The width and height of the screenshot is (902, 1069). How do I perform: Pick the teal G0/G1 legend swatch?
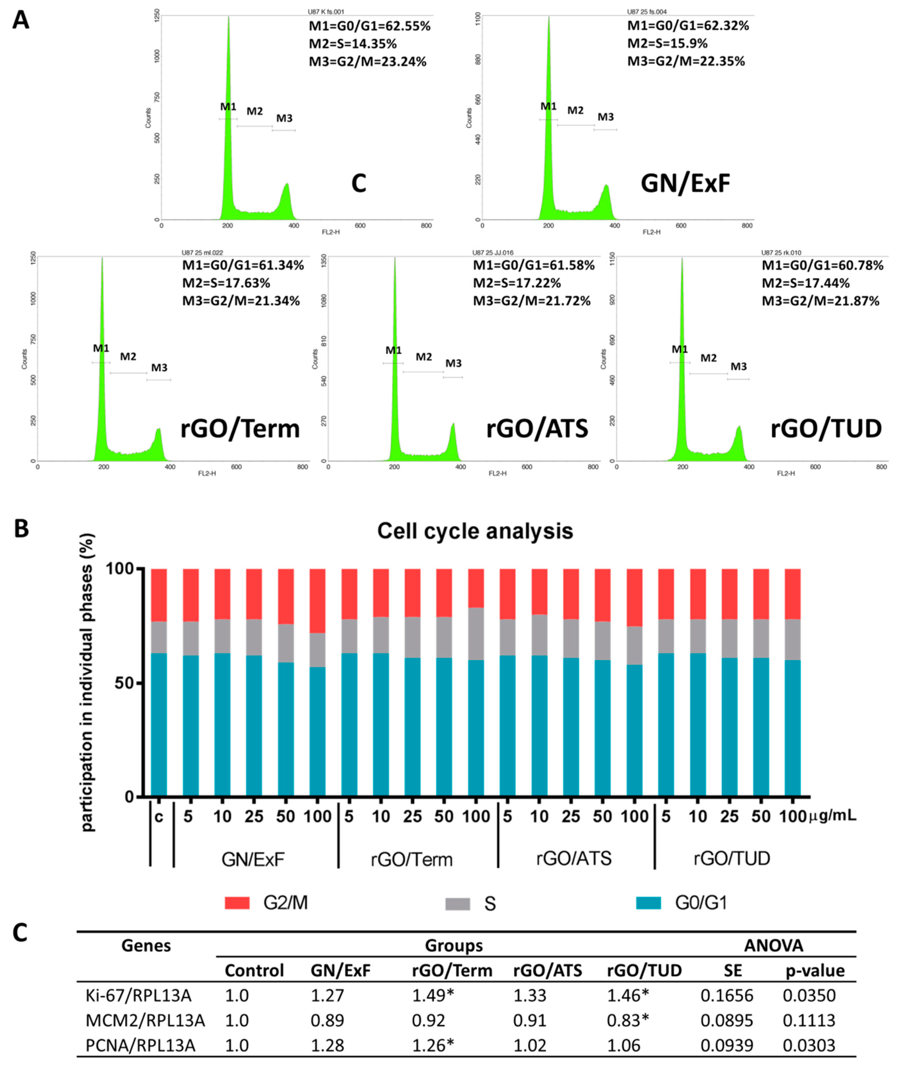[x=648, y=903]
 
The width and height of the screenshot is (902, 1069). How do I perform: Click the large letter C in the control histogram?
[x=359, y=184]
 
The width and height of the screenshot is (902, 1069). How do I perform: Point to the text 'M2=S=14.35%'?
[x=352, y=43]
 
